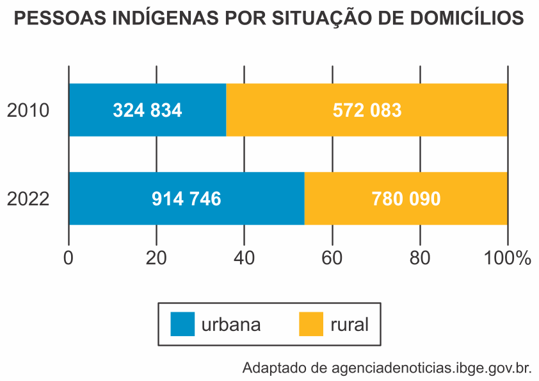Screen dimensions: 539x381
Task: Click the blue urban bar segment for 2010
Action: [x=148, y=110]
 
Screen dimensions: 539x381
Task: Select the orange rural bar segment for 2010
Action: [x=367, y=110]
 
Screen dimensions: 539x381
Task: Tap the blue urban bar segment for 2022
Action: [x=187, y=198]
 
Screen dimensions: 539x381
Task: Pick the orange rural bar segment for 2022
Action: [x=406, y=198]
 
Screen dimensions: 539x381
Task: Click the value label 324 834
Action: [x=147, y=110]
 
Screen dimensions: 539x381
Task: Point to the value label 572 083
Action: [x=367, y=110]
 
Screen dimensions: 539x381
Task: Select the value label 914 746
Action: [x=186, y=199]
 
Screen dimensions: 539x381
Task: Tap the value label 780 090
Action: [x=406, y=199]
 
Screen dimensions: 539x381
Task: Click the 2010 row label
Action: [x=28, y=110]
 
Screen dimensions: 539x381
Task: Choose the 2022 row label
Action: [x=28, y=199]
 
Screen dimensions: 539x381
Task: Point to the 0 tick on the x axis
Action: [x=68, y=258]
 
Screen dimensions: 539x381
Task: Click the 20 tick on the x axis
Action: [x=156, y=258]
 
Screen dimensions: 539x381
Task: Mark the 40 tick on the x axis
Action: [x=244, y=258]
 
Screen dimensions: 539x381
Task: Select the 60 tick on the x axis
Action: [x=332, y=258]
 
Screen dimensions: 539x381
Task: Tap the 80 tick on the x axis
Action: [x=420, y=258]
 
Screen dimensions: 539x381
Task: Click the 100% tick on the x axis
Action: [x=508, y=258]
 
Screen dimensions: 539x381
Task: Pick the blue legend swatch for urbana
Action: [x=182, y=324]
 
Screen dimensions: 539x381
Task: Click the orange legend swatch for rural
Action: [x=311, y=324]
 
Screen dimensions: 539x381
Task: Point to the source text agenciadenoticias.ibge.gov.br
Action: [x=431, y=368]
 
